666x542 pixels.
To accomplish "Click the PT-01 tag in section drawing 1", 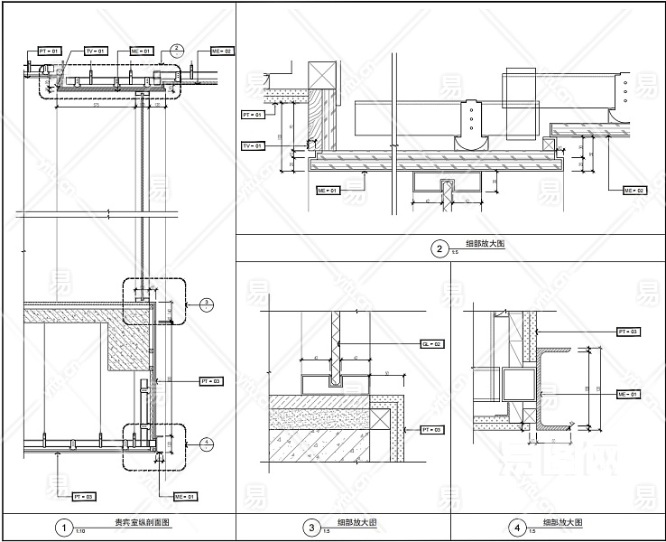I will pyautogui.click(x=50, y=51).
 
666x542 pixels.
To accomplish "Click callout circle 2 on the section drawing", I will pyautogui.click(x=177, y=49).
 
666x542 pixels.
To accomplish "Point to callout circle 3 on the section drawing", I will pyautogui.click(x=206, y=303).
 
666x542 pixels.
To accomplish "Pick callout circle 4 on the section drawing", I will pyautogui.click(x=206, y=443).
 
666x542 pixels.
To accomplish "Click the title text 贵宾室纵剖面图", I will pyautogui.click(x=141, y=523).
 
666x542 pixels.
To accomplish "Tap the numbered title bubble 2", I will pyautogui.click(x=439, y=249).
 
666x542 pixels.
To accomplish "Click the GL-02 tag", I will pyautogui.click(x=431, y=344).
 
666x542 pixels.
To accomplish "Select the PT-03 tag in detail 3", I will pyautogui.click(x=431, y=429).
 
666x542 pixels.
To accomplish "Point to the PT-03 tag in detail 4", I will pyautogui.click(x=628, y=332).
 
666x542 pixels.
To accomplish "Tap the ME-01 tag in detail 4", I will pyautogui.click(x=628, y=395).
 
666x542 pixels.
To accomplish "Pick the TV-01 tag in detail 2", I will pyautogui.click(x=253, y=145).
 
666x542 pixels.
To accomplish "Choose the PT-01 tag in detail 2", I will pyautogui.click(x=253, y=116).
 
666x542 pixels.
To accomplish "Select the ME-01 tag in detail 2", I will pyautogui.click(x=327, y=192).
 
